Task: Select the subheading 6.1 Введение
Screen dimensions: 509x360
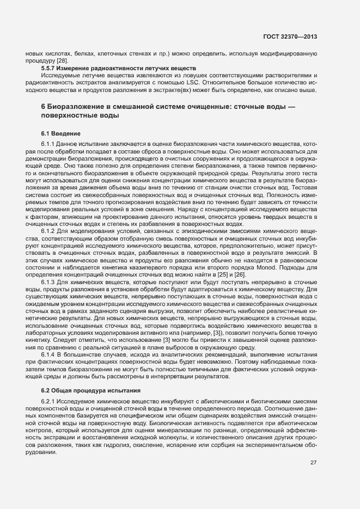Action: pos(61,133)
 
